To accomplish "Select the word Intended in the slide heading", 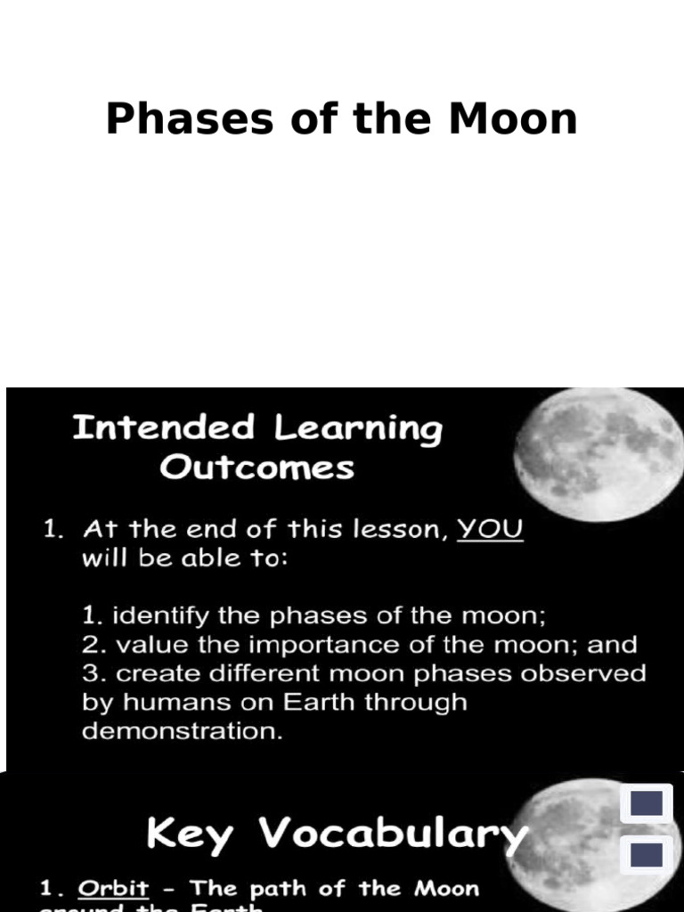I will point(163,428).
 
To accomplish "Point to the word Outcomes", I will point(256,468).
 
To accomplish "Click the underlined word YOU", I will point(490,529).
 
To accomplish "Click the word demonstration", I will point(178,731).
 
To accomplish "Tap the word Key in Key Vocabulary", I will point(190,835).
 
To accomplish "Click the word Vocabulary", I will point(392,835).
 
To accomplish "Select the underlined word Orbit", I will point(113,889).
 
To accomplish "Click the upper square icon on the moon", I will point(647,804).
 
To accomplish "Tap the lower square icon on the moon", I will point(647,855).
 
